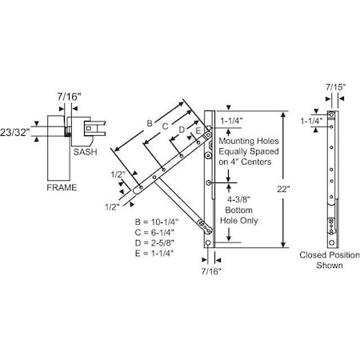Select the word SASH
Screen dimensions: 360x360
84,150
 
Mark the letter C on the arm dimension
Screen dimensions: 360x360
165,126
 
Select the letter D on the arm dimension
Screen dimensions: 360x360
182,129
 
